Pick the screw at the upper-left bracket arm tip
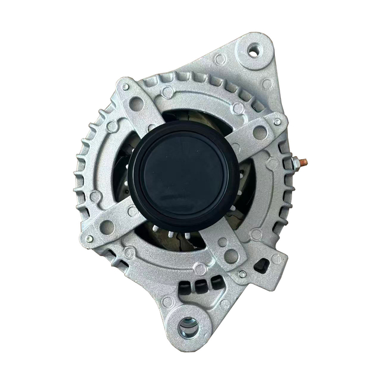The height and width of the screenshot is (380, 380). [125, 87]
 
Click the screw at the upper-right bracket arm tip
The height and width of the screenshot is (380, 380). [277, 121]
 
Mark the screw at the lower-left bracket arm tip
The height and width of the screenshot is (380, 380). [89, 238]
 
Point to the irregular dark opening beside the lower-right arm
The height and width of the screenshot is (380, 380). [262, 265]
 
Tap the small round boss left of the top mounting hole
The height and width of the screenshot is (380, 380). [220, 59]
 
